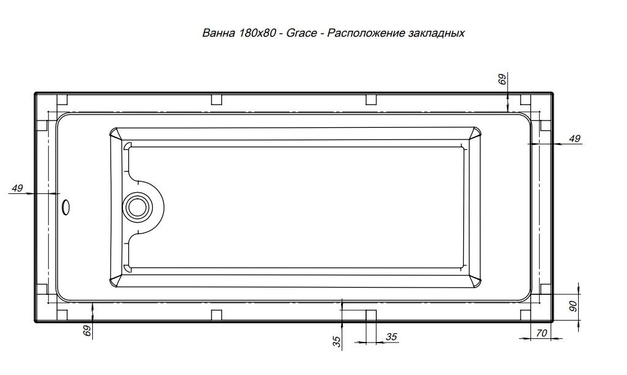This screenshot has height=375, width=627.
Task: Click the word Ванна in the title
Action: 218,33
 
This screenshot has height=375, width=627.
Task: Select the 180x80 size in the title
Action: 257,33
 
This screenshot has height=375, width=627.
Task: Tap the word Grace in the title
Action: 301,33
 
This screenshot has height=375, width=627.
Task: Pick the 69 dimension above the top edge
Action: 502,78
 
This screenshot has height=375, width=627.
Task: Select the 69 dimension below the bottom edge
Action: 87,330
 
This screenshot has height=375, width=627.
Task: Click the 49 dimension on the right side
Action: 574,138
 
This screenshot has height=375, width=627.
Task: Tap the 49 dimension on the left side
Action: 17,188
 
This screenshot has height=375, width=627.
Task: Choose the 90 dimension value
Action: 573,306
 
